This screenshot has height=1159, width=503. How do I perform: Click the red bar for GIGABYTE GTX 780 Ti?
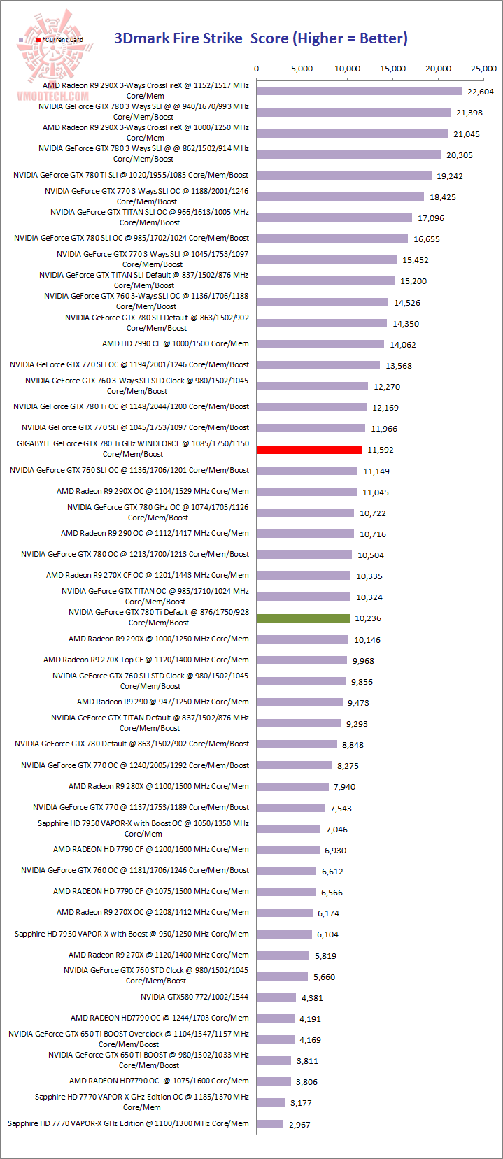pyautogui.click(x=309, y=450)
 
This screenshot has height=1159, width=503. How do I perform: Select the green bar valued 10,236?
pyautogui.click(x=303, y=618)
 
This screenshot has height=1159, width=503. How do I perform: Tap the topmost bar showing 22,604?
pyautogui.click(x=359, y=91)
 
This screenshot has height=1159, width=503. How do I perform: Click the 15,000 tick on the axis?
pyautogui.click(x=392, y=69)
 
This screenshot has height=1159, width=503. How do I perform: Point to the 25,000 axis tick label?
pyautogui.click(x=483, y=69)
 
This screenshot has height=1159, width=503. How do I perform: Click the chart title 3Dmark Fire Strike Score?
pyautogui.click(x=260, y=38)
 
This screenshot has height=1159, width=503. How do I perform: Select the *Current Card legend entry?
pyautogui.click(x=60, y=40)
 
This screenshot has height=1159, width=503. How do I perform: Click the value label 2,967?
pyautogui.click(x=299, y=1125)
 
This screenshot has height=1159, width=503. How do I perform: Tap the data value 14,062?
pyautogui.click(x=403, y=345)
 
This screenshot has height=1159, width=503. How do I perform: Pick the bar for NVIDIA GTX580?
pyautogui.click(x=276, y=997)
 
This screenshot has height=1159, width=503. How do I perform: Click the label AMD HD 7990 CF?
pyautogui.click(x=175, y=343)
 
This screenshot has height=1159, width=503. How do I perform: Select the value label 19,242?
pyautogui.click(x=450, y=176)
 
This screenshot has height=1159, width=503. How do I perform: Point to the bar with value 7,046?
pyautogui.click(x=288, y=829)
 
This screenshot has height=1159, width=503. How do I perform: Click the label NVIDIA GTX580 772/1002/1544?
pyautogui.click(x=194, y=997)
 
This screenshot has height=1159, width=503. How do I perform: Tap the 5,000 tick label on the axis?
pyautogui.click(x=302, y=69)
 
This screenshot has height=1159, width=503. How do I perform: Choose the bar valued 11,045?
pyautogui.click(x=306, y=492)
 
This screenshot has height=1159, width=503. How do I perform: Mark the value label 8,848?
pyautogui.click(x=353, y=745)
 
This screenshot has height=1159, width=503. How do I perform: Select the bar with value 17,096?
pyautogui.click(x=334, y=218)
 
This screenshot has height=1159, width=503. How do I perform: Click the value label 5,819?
pyautogui.click(x=325, y=956)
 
